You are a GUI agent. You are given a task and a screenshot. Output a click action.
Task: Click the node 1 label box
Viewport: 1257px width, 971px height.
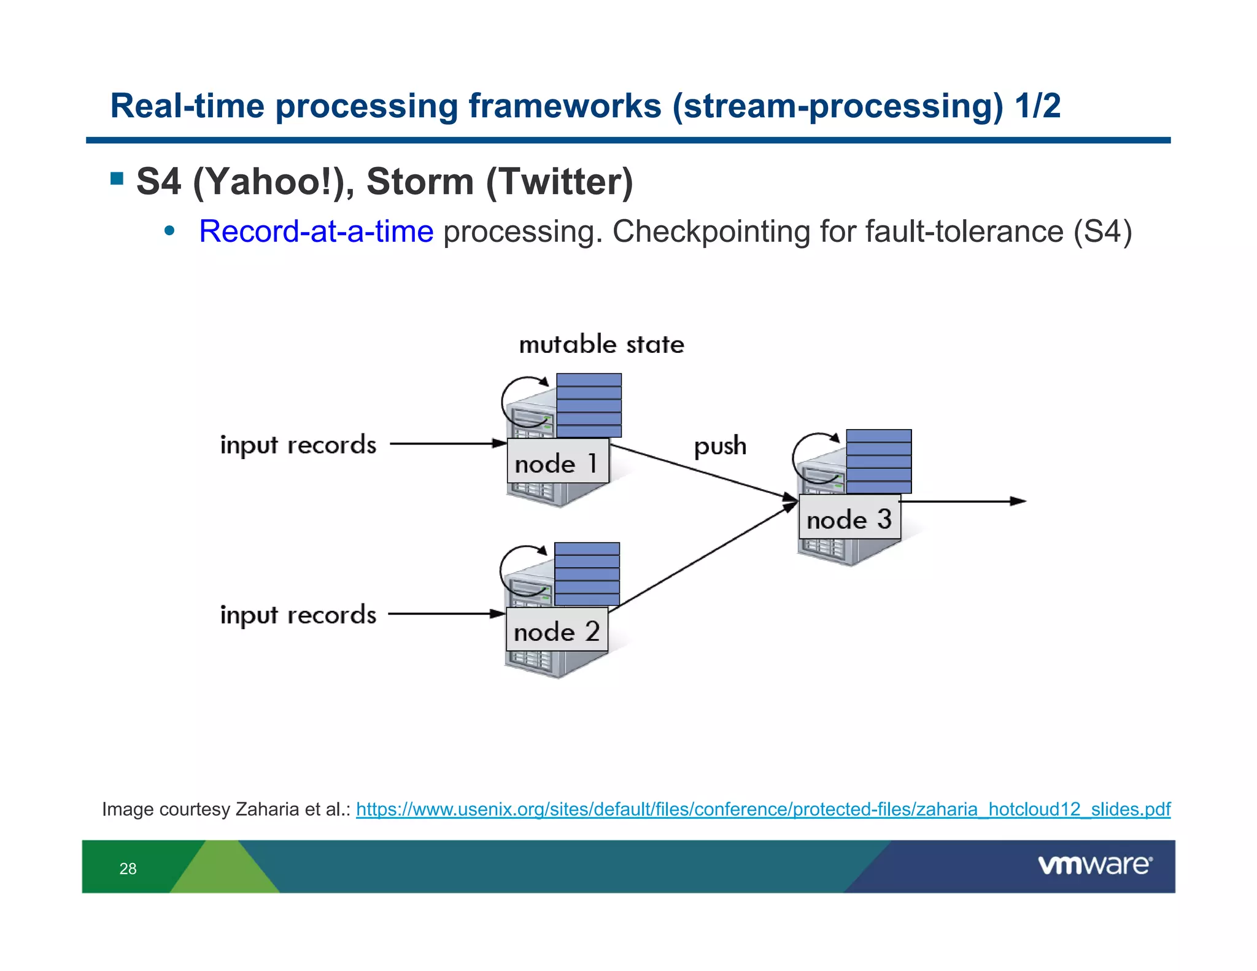coord(558,462)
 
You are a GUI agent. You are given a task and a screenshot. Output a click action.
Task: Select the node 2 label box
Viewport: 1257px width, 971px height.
coord(557,630)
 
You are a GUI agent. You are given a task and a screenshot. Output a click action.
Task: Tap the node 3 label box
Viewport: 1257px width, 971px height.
coord(849,518)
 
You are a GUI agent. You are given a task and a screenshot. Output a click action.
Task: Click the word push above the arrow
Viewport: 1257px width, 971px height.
coord(720,446)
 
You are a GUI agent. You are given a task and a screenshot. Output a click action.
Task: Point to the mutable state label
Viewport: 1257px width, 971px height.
coord(601,344)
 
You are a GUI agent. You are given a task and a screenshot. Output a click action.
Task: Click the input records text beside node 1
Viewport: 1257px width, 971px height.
coord(298,445)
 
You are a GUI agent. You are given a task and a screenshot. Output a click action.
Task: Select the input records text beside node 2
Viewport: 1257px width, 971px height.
coord(298,614)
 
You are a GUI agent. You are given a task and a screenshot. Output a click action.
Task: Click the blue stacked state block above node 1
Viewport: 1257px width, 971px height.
coord(589,405)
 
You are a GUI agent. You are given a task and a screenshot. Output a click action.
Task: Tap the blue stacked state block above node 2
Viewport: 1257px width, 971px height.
coord(587,574)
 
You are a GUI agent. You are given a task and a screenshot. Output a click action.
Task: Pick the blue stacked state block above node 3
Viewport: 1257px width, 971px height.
coord(878,461)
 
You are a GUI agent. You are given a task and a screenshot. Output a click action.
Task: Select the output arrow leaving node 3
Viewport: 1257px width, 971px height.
coord(964,501)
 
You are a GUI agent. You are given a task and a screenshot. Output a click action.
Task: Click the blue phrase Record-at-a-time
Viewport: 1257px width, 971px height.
coord(316,232)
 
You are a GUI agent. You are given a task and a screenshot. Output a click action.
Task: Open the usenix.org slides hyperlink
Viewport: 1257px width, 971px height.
coord(763,809)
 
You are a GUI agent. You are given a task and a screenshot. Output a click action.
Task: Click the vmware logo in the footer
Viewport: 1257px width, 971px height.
coord(1094,865)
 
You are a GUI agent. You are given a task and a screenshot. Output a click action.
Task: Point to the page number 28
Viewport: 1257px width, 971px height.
coord(128,868)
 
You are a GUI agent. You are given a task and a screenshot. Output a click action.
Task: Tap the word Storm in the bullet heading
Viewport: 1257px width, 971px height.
coord(420,182)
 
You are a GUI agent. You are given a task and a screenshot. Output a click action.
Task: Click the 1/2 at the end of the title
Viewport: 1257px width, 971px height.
coord(1037,106)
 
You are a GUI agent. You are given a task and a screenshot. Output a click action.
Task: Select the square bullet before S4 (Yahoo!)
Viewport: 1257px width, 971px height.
coord(117,179)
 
